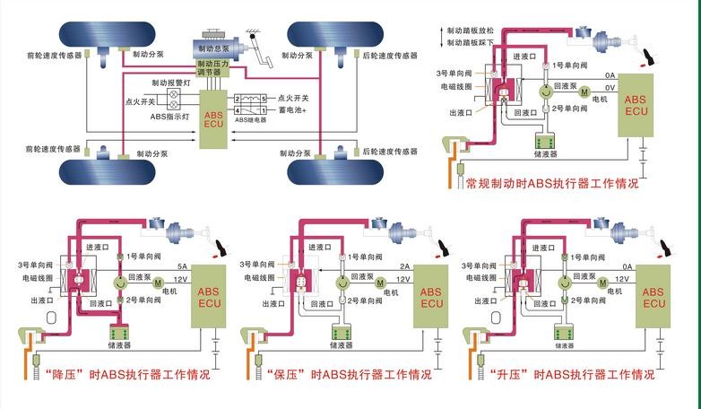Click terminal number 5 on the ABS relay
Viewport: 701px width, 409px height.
click(264, 97)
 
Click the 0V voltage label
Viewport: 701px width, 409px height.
click(610, 88)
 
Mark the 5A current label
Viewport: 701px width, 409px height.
click(182, 266)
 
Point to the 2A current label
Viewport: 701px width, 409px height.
click(404, 266)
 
